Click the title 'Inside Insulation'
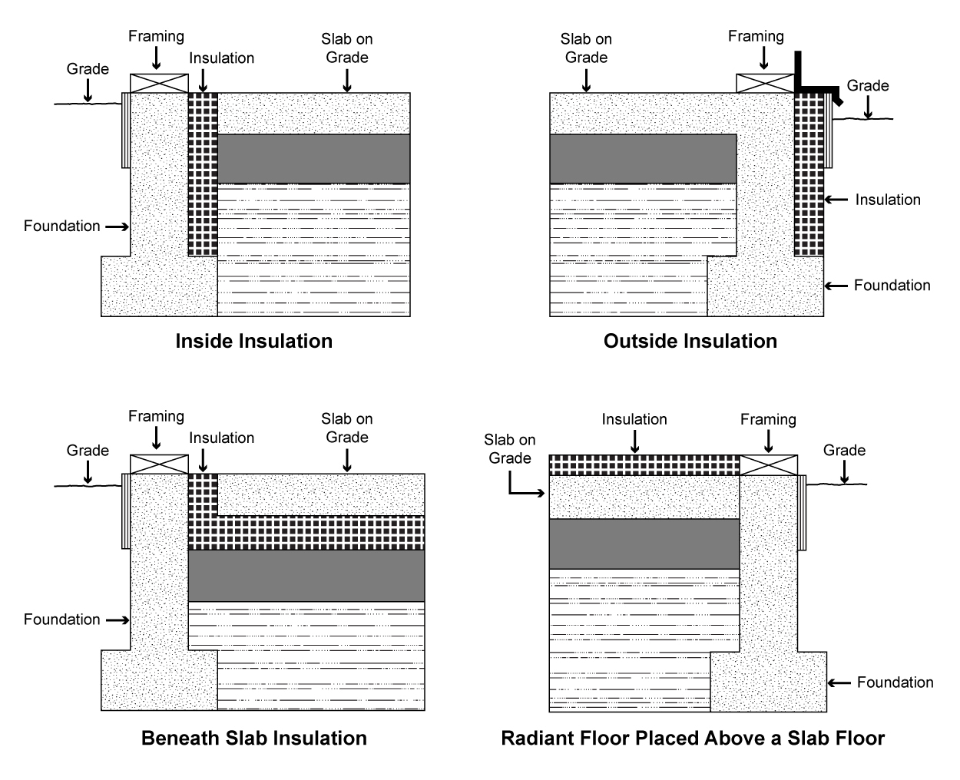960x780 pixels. [x=253, y=341]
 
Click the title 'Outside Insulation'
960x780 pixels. [x=690, y=341]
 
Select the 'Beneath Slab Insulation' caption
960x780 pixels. [x=253, y=738]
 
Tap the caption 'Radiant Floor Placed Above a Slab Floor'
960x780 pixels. [x=693, y=738]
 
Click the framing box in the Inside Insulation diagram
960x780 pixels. [x=159, y=83]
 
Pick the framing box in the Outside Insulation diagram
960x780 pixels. [x=765, y=83]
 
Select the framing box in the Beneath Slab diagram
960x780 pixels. [x=159, y=464]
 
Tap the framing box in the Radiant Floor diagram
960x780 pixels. [x=768, y=464]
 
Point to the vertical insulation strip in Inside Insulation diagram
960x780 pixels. [x=203, y=174]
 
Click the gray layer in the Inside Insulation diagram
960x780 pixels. [x=313, y=159]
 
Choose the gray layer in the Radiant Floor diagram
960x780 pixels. [x=644, y=544]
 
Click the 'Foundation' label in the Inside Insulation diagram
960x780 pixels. [x=61, y=226]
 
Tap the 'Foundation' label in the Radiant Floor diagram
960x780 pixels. [x=895, y=682]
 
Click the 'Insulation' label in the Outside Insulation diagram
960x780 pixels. [x=888, y=200]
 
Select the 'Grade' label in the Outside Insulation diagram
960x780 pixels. [x=868, y=85]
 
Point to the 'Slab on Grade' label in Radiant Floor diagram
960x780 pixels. [x=509, y=448]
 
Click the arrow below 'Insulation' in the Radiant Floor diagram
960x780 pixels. [x=634, y=441]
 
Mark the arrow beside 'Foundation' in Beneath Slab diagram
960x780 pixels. [x=117, y=620]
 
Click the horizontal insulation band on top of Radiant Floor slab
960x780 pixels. [x=644, y=464]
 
